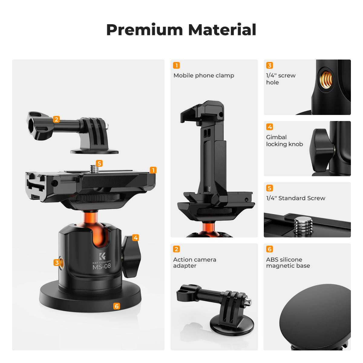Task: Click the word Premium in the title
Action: pos(145,30)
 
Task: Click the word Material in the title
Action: pos(222,30)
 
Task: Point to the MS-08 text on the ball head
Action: pos(102,267)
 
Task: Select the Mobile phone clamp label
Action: pos(204,76)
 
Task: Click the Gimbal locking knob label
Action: pos(284,141)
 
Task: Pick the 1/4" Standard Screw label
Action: pos(296,198)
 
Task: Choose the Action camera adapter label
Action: pos(195,263)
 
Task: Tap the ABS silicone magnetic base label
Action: pos(288,263)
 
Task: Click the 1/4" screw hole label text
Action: pos(281,79)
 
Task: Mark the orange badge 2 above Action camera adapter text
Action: pos(176,249)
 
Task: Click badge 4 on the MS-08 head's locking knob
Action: pos(136,238)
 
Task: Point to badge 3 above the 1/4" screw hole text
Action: pos(269,65)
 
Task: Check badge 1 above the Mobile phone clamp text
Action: pos(176,65)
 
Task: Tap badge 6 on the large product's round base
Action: pos(116,306)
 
